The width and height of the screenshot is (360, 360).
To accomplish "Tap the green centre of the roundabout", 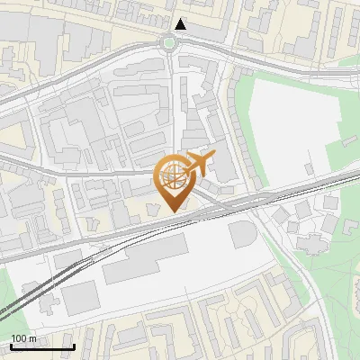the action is [x=168, y=41].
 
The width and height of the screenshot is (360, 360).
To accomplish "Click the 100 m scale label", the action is [x=23, y=337].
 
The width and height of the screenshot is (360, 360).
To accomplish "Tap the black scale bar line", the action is [x=42, y=346].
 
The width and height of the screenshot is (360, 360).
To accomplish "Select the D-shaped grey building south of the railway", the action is [x=243, y=234].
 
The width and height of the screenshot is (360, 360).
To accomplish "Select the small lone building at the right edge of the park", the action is [x=347, y=142].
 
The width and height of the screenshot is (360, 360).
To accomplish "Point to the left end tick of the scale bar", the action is [x=11, y=346].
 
